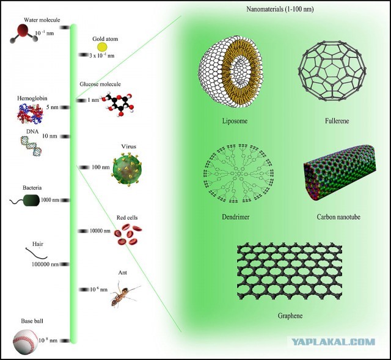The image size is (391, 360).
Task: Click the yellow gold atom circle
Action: coord(102,47)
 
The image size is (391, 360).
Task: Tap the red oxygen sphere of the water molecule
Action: coord(23,30)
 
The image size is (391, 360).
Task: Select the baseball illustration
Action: coord(26,342)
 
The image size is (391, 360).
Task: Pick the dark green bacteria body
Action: coord(32,200)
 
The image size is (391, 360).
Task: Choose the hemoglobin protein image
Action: coord(30,113)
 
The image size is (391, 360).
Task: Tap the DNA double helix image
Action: coord(31,146)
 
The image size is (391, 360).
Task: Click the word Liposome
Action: coord(235,121)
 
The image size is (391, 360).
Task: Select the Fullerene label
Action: coord(337,121)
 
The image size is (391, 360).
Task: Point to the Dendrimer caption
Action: coord(236,217)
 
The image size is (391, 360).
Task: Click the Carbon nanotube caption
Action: coord(338,217)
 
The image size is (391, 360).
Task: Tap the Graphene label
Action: coord(290,315)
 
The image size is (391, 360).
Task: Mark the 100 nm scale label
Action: coord(100,167)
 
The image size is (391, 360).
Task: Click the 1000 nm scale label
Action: coord(50,200)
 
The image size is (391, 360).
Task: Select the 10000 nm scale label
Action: coord(100,231)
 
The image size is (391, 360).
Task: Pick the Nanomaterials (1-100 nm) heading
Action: coord(280,9)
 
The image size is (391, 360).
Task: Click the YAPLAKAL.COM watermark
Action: coord(334,342)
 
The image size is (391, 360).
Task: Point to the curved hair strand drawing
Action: coord(37,253)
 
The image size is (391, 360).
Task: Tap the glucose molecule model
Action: coord(118,105)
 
